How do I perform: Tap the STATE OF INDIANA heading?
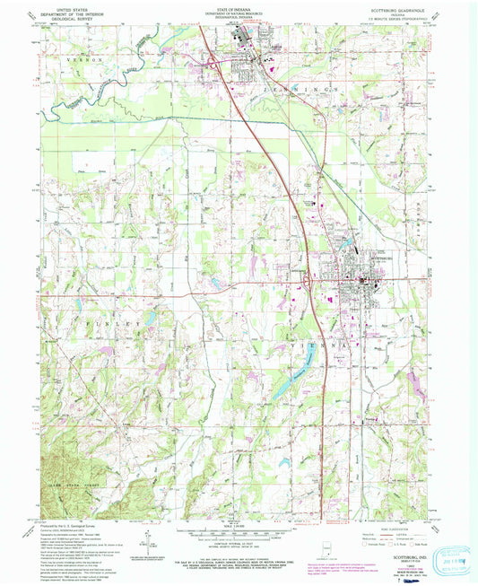point(239,10)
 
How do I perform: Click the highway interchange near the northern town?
point(213,63)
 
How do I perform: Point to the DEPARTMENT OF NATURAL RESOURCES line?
point(239,15)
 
